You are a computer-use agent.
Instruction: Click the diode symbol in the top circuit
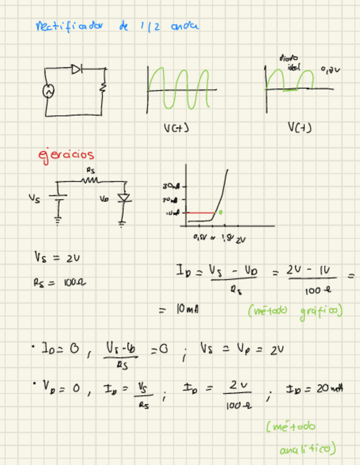click(77, 69)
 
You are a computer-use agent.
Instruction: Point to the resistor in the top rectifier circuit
click(102, 88)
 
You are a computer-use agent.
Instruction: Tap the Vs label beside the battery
click(34, 200)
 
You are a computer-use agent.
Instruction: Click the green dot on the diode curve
click(221, 212)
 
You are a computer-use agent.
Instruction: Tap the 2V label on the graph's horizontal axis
click(241, 239)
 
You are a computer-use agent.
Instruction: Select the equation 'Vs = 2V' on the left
click(53, 257)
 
